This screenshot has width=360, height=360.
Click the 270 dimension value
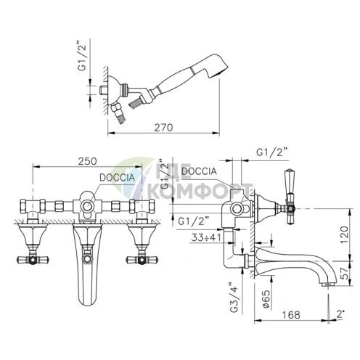(x=163, y=128)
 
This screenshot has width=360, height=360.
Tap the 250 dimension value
(x=87, y=161)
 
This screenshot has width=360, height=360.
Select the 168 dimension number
(x=291, y=315)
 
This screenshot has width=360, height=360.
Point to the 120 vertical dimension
(x=345, y=235)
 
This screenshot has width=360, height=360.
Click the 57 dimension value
(x=345, y=273)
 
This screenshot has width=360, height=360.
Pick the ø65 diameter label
(x=266, y=299)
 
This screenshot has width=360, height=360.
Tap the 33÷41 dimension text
(x=206, y=237)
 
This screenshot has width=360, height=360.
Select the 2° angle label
(x=340, y=314)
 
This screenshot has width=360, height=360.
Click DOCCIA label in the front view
(x=117, y=178)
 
